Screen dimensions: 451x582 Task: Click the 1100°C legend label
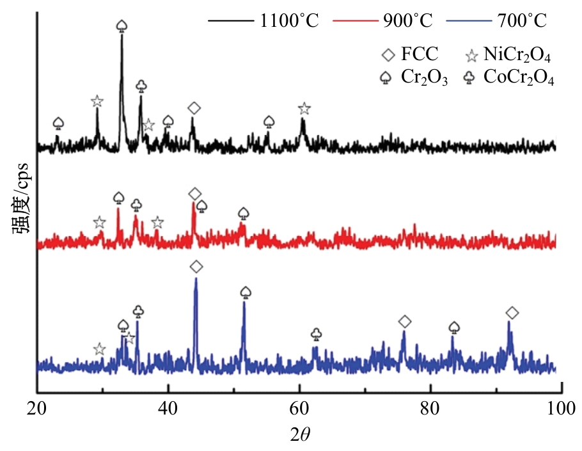[288, 21]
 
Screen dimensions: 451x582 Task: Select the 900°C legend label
[408, 21]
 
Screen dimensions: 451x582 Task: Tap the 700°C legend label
[522, 21]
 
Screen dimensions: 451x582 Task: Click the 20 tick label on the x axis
[37, 407]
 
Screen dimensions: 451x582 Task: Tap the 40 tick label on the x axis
[168, 407]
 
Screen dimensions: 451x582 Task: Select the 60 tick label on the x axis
[299, 407]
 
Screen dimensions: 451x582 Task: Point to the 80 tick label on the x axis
[430, 407]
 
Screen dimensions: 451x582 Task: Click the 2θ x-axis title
[299, 435]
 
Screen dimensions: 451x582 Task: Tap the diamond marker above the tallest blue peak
[196, 266]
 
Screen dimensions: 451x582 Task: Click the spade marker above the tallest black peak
[122, 26]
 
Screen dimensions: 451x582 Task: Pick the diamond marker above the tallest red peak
[194, 194]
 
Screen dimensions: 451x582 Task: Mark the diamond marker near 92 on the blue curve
[512, 312]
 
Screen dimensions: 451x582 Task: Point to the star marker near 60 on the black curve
[304, 108]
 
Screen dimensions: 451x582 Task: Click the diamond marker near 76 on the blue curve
[404, 320]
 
